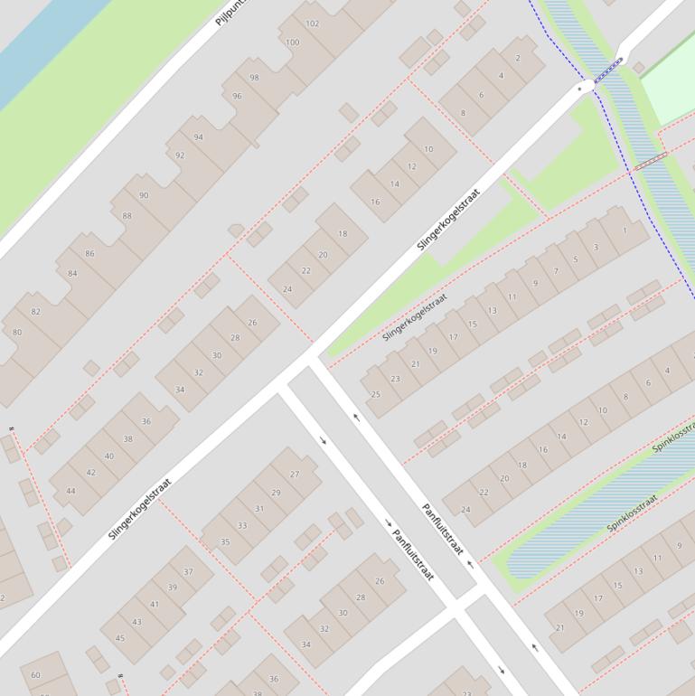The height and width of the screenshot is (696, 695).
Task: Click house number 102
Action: point(313,24)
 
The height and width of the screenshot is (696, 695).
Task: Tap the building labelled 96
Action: point(237,96)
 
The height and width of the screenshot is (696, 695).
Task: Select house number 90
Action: point(144,195)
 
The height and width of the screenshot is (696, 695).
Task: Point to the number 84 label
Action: point(72,273)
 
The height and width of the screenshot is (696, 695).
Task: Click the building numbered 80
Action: point(17,332)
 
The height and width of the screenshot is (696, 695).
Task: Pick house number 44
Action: point(70,491)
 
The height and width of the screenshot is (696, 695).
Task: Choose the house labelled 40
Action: point(109,456)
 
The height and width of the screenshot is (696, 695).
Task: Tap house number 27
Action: point(295,474)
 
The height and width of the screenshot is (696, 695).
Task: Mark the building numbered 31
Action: point(259,508)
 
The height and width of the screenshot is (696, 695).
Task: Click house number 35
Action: point(225,542)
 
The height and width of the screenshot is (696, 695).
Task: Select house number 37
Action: point(188,571)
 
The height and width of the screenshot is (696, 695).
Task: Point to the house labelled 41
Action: point(155,605)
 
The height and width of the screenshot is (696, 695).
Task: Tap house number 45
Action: point(120,638)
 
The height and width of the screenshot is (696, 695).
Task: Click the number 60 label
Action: point(36,674)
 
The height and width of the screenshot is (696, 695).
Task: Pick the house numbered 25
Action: point(376,394)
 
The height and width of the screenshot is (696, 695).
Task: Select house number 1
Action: point(625,230)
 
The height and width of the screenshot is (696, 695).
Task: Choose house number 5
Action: point(576,259)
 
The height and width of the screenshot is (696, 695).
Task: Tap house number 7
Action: point(556,271)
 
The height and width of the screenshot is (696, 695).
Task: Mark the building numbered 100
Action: point(292,42)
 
